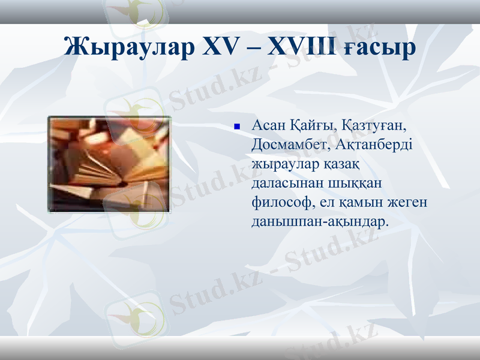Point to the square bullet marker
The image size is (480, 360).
pos(237,127)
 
